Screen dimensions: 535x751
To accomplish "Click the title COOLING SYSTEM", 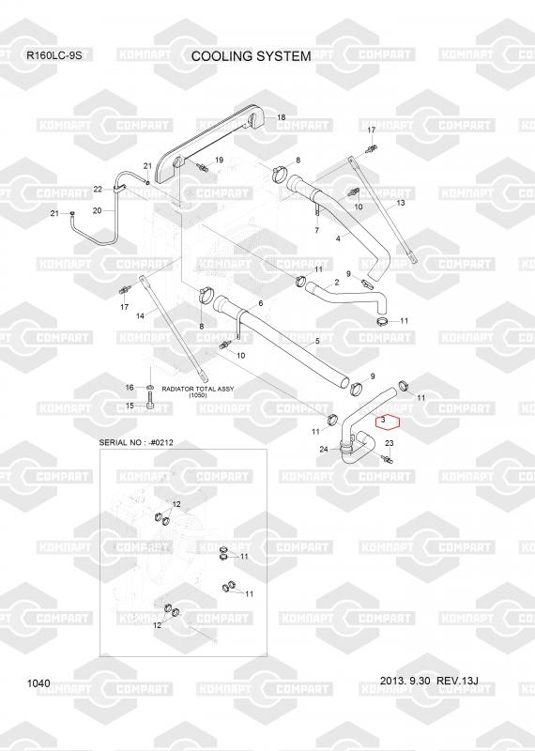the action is (251, 56).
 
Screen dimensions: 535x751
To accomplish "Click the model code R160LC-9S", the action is (54, 55).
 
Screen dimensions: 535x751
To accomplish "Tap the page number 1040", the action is (38, 683).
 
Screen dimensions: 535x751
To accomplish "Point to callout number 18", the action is (282, 117).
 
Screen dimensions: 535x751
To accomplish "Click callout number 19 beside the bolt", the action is (219, 160).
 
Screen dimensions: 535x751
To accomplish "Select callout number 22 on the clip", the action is (98, 190).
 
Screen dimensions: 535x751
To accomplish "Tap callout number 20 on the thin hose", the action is (98, 210).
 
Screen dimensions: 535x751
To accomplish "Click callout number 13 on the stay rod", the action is (401, 203).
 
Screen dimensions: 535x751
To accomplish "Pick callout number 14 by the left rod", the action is (141, 316).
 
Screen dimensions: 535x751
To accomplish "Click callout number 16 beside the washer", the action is (130, 388).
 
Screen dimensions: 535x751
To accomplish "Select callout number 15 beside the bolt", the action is (130, 406).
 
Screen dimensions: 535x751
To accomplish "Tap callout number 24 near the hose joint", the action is (324, 450).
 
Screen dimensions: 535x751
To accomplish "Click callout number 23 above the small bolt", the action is (390, 443).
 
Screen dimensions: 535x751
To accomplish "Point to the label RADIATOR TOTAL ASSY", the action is (198, 389).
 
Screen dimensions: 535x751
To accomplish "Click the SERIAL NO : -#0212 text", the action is (136, 442).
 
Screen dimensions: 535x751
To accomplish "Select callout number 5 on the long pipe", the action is (317, 342).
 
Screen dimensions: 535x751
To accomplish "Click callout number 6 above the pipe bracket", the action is (261, 303).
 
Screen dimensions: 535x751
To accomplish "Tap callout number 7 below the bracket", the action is (316, 231).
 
